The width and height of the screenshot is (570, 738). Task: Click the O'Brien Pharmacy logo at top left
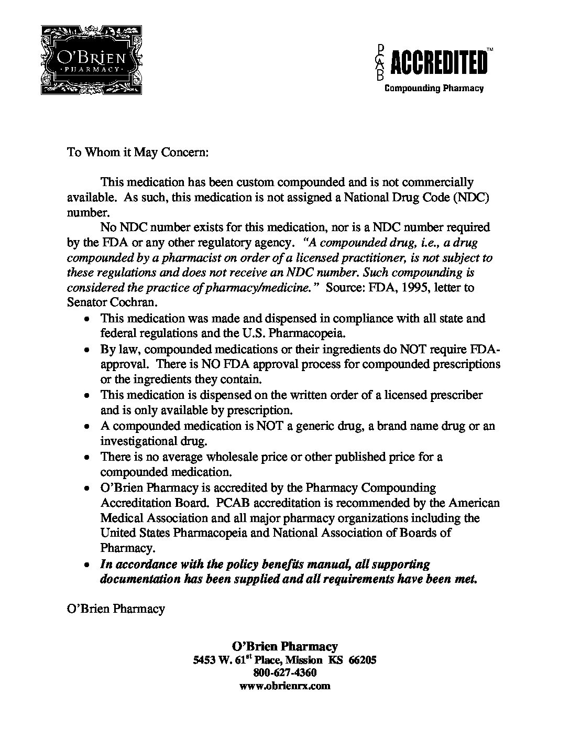click(91, 59)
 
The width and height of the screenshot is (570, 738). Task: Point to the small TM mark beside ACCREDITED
click(489, 49)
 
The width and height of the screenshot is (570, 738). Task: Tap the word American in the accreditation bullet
click(474, 503)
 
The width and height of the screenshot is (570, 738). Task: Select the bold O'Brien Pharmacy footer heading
click(285, 646)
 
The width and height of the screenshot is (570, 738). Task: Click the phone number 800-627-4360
click(285, 672)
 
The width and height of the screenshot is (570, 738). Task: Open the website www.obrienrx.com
click(285, 686)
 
